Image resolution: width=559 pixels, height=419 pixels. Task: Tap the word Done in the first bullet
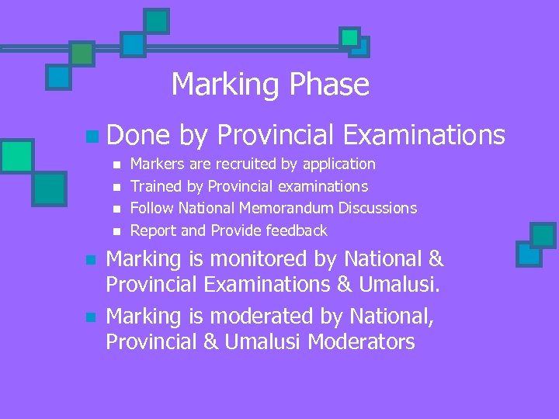[x=137, y=136]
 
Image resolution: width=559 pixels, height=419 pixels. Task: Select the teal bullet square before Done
[x=92, y=137]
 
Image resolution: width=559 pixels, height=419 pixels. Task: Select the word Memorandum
[x=290, y=208]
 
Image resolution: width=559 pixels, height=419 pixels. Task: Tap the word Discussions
[x=379, y=208]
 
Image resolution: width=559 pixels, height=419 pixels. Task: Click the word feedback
[x=297, y=230]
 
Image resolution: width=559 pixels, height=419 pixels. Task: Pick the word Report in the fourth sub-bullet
[x=153, y=230]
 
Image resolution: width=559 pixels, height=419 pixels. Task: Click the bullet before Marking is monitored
[x=91, y=260]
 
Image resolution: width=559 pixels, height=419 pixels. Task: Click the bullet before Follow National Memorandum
[x=116, y=209]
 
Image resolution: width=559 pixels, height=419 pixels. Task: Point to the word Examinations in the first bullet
[x=423, y=136]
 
